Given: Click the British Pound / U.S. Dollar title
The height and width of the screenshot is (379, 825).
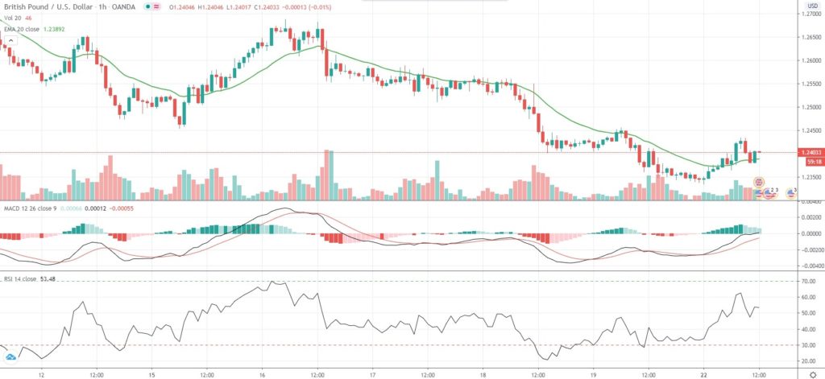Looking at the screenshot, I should click(48, 6).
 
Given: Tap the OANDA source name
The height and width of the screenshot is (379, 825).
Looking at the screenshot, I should click(124, 6).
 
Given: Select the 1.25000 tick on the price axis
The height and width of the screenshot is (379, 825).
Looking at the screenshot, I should click(806, 107).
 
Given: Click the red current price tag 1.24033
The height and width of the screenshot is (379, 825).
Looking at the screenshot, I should click(806, 152).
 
